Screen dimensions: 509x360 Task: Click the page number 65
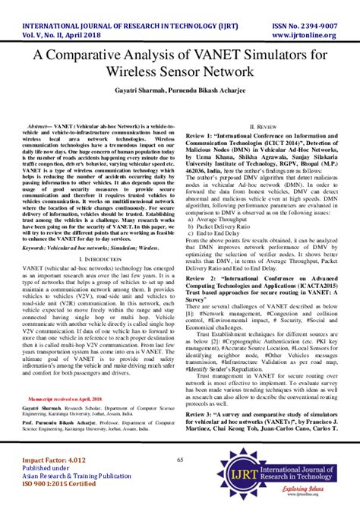coord(180,460)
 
